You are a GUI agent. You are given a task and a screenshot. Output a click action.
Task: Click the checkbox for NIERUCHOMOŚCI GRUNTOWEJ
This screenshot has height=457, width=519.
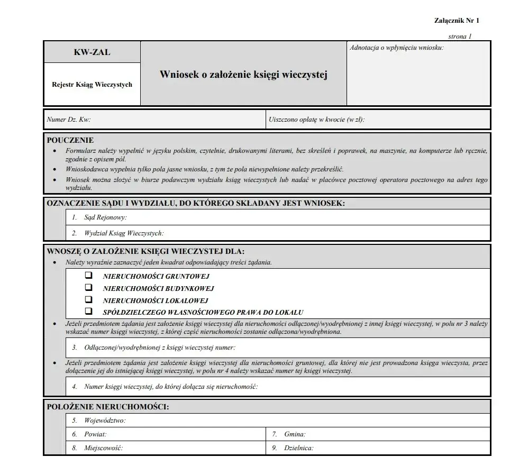click(88, 276)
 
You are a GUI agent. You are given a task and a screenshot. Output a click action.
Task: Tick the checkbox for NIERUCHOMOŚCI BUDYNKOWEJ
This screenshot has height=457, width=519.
click(88, 288)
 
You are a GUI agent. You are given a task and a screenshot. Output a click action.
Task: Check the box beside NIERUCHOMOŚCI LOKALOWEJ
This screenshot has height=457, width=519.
click(88, 300)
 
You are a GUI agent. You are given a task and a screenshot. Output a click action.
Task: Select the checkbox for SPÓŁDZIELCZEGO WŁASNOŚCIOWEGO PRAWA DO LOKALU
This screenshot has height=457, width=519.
click(88, 312)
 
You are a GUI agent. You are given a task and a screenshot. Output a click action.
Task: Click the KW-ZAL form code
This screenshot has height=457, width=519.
click(92, 52)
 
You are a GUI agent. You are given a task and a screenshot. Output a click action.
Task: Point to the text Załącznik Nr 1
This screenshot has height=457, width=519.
click(456, 21)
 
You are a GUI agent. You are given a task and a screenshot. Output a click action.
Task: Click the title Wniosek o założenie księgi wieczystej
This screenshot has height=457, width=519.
click(243, 75)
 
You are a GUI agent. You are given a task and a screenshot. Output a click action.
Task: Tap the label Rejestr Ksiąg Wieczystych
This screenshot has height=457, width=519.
click(92, 85)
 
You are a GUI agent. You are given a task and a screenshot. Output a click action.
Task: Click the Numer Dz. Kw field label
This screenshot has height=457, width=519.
click(69, 120)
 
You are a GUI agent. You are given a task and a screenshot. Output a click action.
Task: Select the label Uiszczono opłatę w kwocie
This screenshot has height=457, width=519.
click(316, 120)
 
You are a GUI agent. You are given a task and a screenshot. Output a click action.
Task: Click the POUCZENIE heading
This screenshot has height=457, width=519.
click(70, 140)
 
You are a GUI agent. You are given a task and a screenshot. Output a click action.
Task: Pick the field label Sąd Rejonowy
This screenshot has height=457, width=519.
click(105, 217)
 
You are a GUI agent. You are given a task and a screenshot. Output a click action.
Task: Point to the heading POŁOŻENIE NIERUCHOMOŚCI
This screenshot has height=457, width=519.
click(108, 407)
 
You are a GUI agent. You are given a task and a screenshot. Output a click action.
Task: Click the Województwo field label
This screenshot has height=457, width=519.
click(105, 421)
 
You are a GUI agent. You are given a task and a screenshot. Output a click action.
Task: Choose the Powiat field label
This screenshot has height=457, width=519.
click(95, 434)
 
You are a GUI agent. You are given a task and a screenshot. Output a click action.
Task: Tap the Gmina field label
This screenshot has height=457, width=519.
click(295, 434)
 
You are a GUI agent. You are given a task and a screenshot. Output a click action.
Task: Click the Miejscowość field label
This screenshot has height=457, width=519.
click(103, 448)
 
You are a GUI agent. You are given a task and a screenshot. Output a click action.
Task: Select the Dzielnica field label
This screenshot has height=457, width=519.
click(298, 448)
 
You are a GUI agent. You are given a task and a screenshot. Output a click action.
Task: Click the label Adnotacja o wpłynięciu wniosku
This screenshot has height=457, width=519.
click(397, 48)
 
